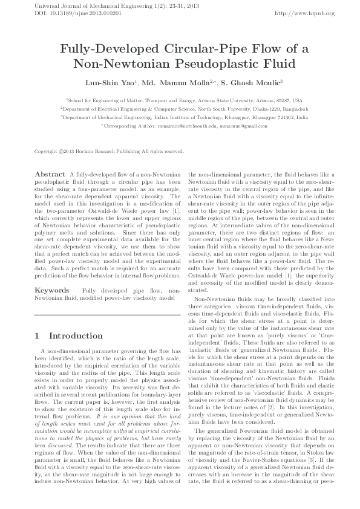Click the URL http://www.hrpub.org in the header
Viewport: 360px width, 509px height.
[x=304, y=13]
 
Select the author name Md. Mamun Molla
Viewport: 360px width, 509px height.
[x=180, y=81]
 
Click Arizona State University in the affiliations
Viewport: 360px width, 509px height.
[x=235, y=100]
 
